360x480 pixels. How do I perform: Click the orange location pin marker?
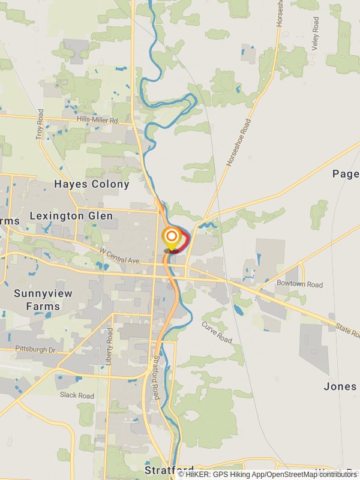pyautogui.click(x=172, y=237)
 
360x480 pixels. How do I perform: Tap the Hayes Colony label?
pyautogui.click(x=92, y=184)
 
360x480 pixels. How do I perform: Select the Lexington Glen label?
pyautogui.click(x=71, y=215)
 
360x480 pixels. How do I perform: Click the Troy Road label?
pyautogui.click(x=40, y=124)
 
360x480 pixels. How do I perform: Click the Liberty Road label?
pyautogui.click(x=110, y=346)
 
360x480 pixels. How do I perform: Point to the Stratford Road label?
pyautogui.click(x=156, y=378)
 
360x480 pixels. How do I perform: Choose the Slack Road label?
pyautogui.click(x=77, y=395)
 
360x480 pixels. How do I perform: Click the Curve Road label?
pyautogui.click(x=217, y=332)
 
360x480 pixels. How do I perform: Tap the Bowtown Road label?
pyautogui.click(x=299, y=284)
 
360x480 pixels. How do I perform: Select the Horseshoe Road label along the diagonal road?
pyautogui.click(x=238, y=142)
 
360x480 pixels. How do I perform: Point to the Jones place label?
pyautogui.click(x=340, y=386)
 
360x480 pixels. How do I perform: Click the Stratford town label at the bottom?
pyautogui.click(x=169, y=469)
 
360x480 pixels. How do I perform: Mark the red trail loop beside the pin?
pyautogui.click(x=185, y=242)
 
